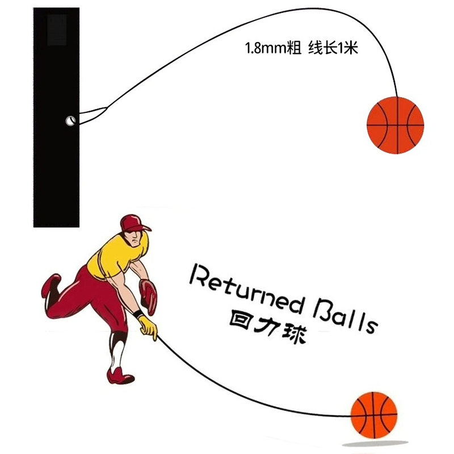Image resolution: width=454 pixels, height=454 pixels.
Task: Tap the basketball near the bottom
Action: (x=373, y=414)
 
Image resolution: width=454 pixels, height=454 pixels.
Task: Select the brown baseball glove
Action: (x=149, y=295)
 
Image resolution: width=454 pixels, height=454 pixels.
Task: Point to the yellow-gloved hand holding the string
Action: (x=148, y=327)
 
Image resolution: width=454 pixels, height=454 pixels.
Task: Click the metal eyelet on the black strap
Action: (x=70, y=120)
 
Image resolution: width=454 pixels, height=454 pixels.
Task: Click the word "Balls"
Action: (x=344, y=315)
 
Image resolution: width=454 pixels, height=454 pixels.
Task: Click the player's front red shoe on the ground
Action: (x=121, y=375)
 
